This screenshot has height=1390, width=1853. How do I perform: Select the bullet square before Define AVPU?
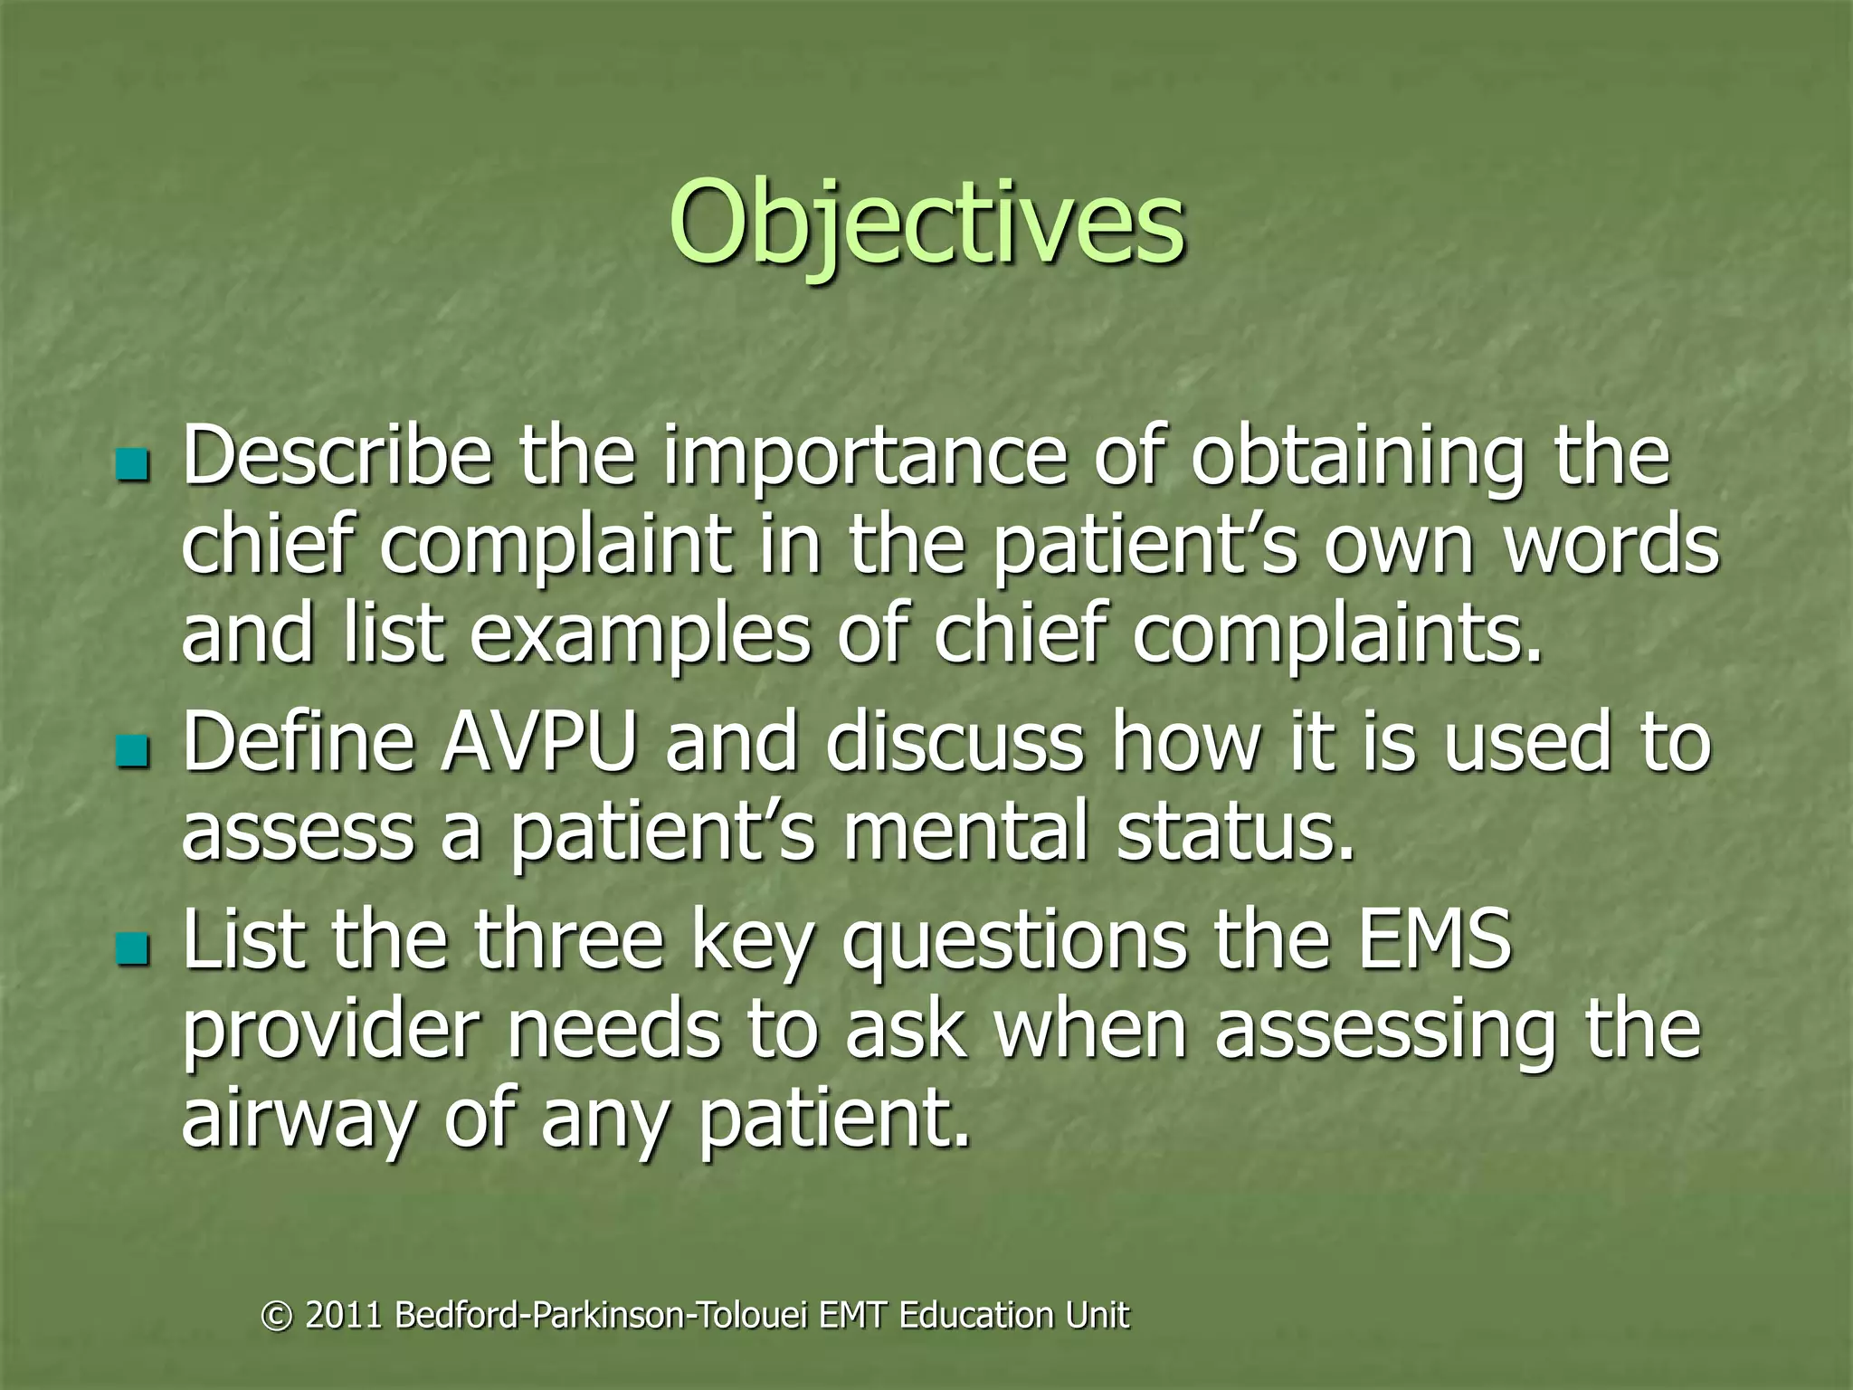132,750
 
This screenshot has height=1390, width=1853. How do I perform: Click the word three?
569,941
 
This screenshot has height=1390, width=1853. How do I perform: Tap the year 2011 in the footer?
344,1315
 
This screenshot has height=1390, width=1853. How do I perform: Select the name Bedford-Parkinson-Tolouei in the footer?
602,1315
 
